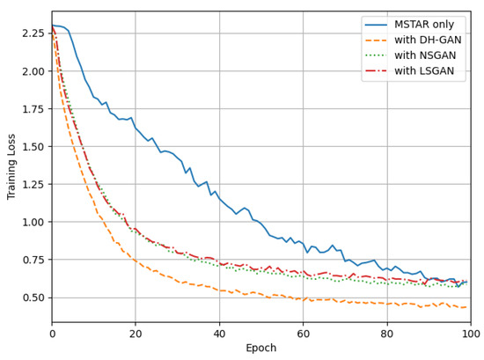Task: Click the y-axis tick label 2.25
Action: point(33,33)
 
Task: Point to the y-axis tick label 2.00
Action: point(33,71)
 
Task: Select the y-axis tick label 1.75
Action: point(33,109)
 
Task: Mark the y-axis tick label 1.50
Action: point(33,147)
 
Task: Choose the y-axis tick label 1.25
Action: point(33,185)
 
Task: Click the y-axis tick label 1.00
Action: point(33,222)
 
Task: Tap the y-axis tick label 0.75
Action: point(33,260)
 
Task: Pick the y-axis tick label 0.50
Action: point(33,298)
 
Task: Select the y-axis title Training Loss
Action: point(11,166)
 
